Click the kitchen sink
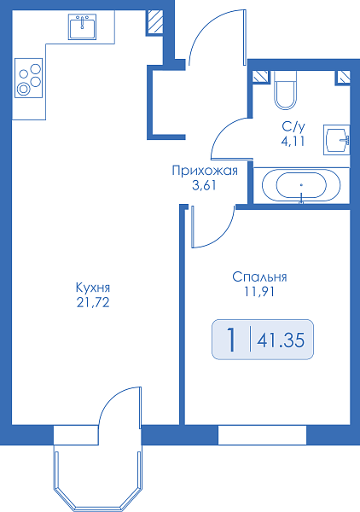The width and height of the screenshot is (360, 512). [x=82, y=26]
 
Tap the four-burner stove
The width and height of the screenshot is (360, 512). [x=29, y=78]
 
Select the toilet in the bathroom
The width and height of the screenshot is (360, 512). [x=285, y=90]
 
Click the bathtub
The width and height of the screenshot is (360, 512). [x=301, y=185]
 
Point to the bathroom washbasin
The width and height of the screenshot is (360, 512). [x=336, y=140]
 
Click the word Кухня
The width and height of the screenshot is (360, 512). [x=93, y=288]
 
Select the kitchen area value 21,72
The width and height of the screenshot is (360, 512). [x=93, y=303]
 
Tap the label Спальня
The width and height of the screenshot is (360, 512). [x=259, y=276]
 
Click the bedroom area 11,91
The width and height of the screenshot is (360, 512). [x=259, y=292]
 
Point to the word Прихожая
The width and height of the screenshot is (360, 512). [x=205, y=171]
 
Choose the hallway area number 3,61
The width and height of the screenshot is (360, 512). [x=204, y=186]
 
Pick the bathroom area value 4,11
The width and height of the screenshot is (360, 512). [x=293, y=141]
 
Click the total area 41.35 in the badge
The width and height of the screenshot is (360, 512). [x=281, y=340]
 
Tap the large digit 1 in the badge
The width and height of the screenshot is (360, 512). [x=231, y=340]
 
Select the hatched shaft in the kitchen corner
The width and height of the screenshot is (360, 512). [x=154, y=21]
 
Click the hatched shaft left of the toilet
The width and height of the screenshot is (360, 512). [x=261, y=77]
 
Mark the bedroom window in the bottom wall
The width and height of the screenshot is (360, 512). [x=262, y=435]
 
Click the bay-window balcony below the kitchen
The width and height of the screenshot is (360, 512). [x=98, y=478]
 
